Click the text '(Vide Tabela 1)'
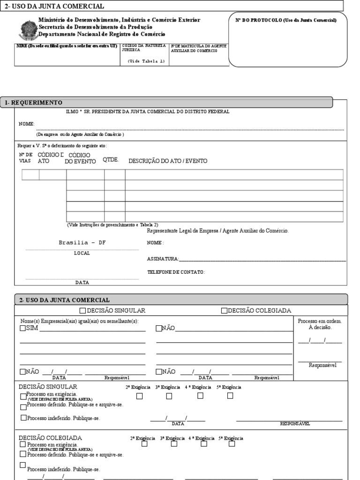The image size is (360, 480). (x=146, y=61)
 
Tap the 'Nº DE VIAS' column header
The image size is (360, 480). (x=25, y=157)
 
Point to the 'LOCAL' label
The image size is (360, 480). (x=82, y=253)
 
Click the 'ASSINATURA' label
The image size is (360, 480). (x=162, y=259)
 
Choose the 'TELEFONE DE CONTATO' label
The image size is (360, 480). (x=176, y=272)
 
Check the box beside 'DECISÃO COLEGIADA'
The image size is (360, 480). (x=224, y=311)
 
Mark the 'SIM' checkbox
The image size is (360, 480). (x=23, y=329)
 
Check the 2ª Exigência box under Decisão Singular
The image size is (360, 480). (x=139, y=396)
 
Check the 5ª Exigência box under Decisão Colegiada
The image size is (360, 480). (x=232, y=444)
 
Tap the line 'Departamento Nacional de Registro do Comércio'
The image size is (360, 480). (x=102, y=35)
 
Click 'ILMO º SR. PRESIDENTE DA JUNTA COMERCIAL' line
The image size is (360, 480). (x=148, y=112)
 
